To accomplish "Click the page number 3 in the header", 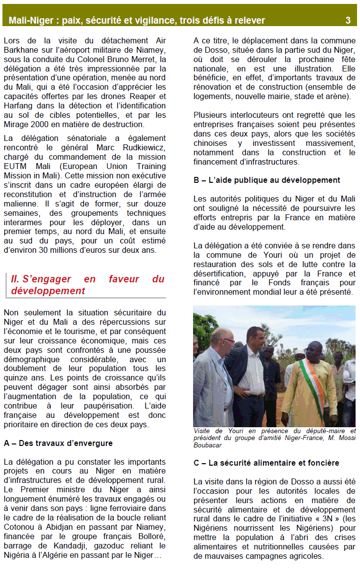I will point(348,20).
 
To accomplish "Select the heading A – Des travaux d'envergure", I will point(58,443).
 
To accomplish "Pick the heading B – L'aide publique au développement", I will point(267,180).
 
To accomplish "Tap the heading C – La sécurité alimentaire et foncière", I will point(266,463).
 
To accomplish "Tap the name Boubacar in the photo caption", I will point(209,445).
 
